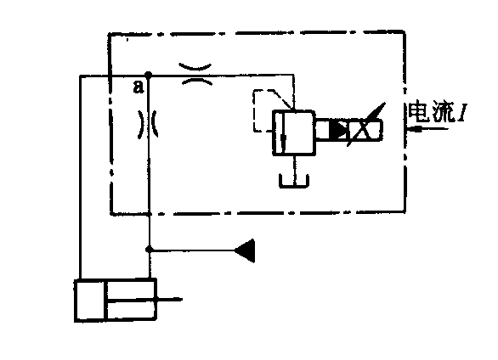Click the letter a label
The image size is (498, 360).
[x=139, y=87]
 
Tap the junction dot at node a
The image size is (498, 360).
[x=148, y=75]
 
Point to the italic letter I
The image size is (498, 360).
[x=461, y=112]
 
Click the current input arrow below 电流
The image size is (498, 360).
[x=427, y=129]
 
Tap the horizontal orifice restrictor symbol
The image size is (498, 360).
[x=195, y=75]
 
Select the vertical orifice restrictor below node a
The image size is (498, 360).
[x=148, y=124]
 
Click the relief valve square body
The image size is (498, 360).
[x=294, y=132]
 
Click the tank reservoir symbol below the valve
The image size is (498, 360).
[x=294, y=181]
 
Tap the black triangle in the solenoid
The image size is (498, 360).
[x=338, y=129]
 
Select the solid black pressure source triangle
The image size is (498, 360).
[x=245, y=250]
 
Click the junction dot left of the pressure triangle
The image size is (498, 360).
[x=149, y=250]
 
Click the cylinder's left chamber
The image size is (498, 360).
[x=90, y=301]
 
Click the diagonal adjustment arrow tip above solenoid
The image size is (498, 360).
[x=385, y=103]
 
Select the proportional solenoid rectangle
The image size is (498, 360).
[x=349, y=129]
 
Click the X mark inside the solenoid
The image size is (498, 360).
[x=361, y=130]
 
